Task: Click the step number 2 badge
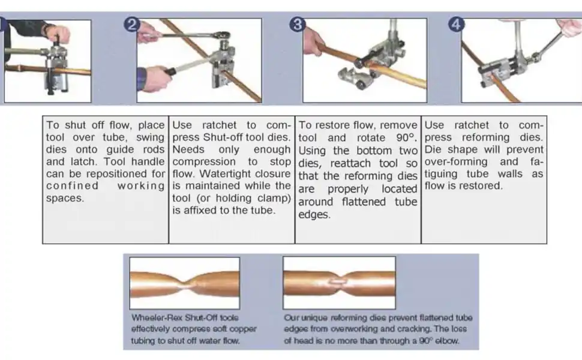pyautogui.click(x=132, y=25)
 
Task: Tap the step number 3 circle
pyautogui.click(x=298, y=25)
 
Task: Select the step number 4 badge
pyautogui.click(x=456, y=25)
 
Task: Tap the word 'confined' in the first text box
pyautogui.click(x=73, y=186)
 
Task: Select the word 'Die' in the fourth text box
pyautogui.click(x=433, y=149)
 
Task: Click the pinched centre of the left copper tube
pyautogui.click(x=184, y=284)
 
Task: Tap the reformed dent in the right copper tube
pyautogui.click(x=338, y=282)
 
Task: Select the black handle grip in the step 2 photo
pyautogui.click(x=170, y=71)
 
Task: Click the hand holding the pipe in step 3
pyautogui.click(x=314, y=41)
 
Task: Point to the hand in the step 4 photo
pyautogui.click(x=571, y=28)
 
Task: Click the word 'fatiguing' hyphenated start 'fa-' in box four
pyautogui.click(x=537, y=162)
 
